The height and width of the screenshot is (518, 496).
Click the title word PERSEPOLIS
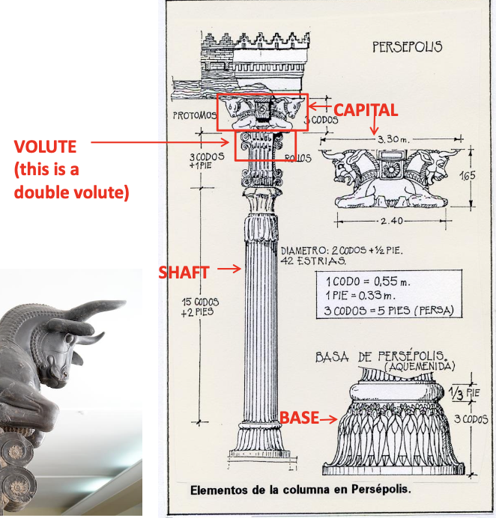pyautogui.click(x=407, y=46)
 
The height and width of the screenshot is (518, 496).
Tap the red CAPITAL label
pyautogui.click(x=366, y=110)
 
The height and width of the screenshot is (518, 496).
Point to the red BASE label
pyautogui.click(x=298, y=418)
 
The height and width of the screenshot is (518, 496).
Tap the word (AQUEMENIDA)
pyautogui.click(x=424, y=368)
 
